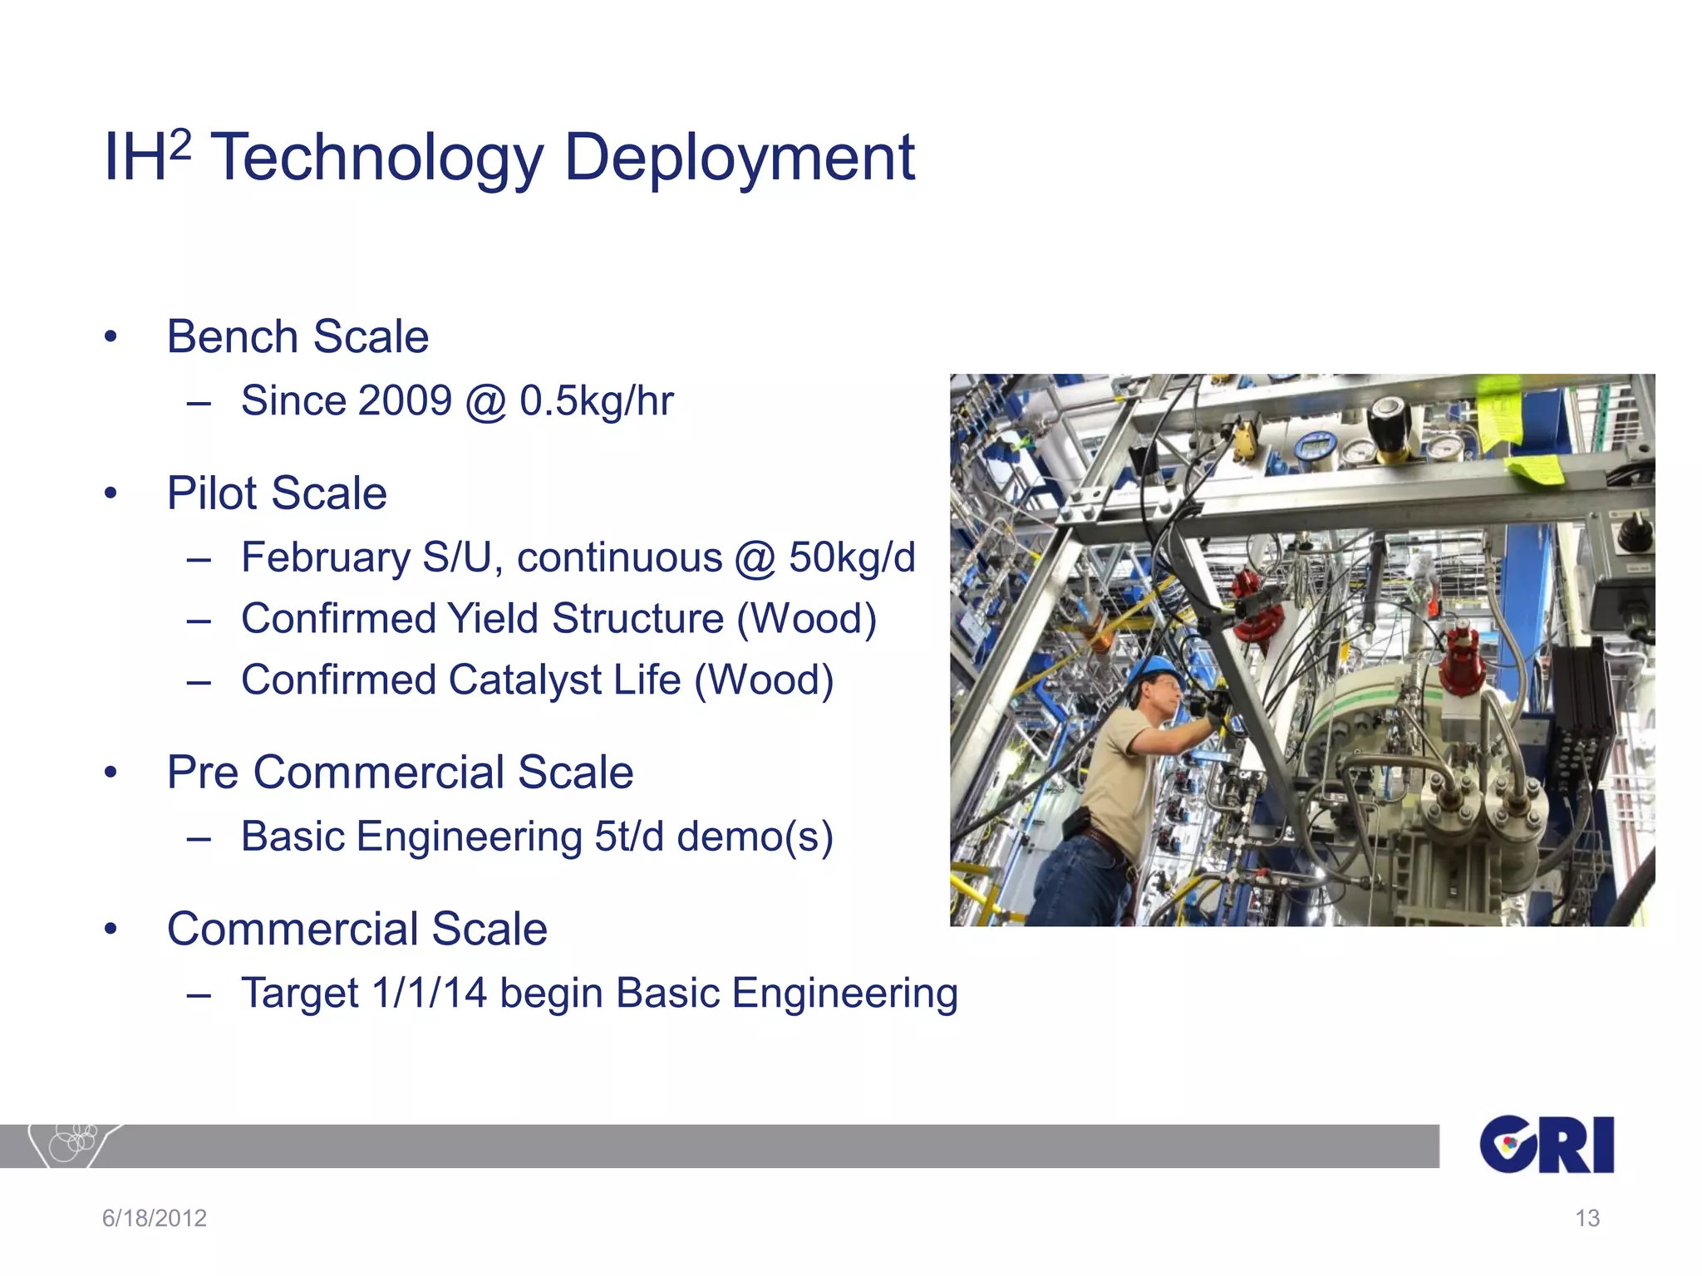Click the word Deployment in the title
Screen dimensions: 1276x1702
point(739,158)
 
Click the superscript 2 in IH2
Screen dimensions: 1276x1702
point(180,146)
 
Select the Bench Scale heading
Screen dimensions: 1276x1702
point(298,336)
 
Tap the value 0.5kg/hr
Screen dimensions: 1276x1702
point(596,401)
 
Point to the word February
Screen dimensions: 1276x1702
point(325,557)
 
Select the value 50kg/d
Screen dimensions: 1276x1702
point(851,557)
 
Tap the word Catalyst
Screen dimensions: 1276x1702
point(524,680)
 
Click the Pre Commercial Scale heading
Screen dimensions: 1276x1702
point(400,773)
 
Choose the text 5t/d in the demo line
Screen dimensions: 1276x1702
point(629,837)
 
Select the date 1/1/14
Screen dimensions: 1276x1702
point(429,994)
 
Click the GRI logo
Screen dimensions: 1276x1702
point(1546,1145)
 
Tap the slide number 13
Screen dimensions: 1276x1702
point(1586,1218)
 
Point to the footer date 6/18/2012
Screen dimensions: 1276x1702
point(155,1218)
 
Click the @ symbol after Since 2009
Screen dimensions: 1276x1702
point(485,403)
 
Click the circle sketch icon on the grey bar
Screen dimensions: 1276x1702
point(73,1143)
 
